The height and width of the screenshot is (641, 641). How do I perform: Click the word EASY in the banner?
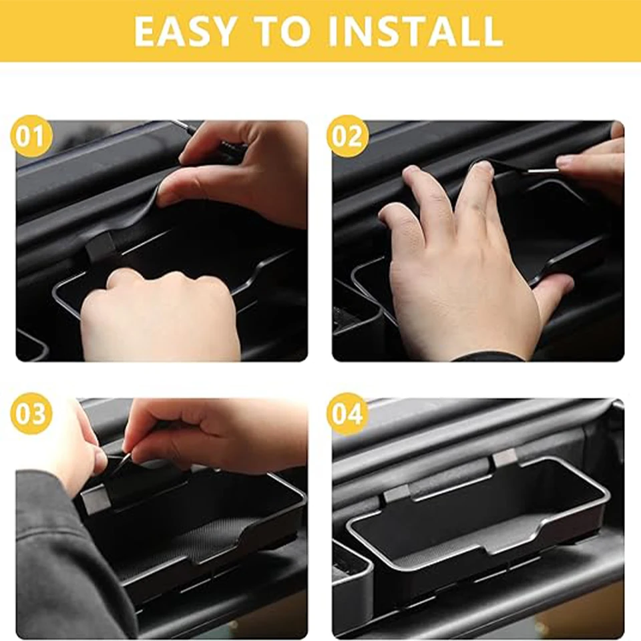(x=184, y=31)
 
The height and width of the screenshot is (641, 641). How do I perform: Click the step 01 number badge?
(x=31, y=136)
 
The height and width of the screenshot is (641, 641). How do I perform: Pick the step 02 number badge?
(x=347, y=136)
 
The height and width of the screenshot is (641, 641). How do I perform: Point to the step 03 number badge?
(x=31, y=413)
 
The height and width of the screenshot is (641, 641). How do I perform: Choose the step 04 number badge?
(x=347, y=413)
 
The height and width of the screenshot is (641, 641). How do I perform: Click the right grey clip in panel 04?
(x=505, y=458)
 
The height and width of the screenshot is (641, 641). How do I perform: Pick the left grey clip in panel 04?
(x=396, y=495)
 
